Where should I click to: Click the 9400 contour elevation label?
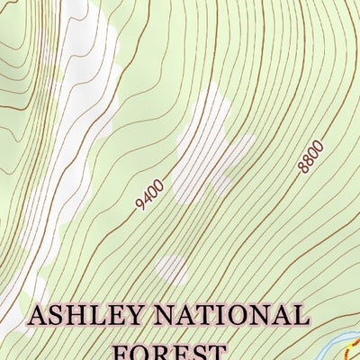pos(149,194)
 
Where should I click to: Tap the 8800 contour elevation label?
pos(309,157)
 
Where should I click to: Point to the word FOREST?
pos(168,350)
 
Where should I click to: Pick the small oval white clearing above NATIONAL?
pos(171,266)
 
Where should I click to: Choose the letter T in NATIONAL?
pos(208,316)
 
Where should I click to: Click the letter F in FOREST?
pos(121,350)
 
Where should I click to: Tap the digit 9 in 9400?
pos(139,206)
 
